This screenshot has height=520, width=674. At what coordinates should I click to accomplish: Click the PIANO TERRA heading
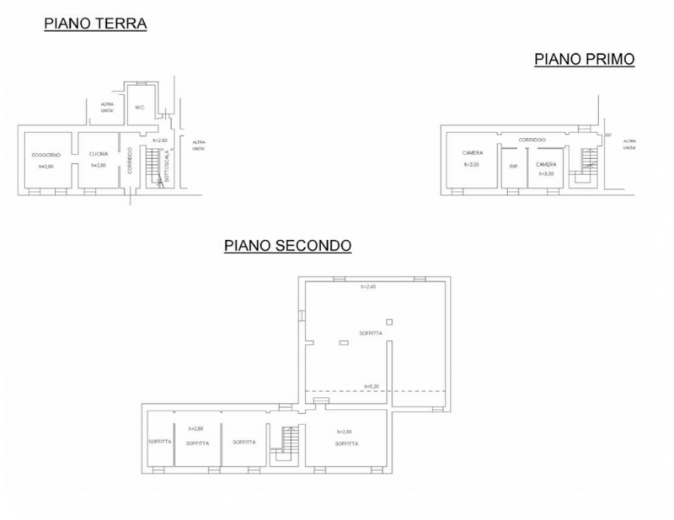click(95, 24)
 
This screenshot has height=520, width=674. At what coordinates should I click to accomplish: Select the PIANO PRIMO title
click(584, 59)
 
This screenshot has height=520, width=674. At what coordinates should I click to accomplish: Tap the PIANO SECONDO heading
click(287, 246)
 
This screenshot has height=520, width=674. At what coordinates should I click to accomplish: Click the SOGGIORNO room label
click(46, 155)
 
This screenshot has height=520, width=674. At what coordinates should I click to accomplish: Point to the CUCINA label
click(99, 154)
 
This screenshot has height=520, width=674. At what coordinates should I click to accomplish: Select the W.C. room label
click(140, 108)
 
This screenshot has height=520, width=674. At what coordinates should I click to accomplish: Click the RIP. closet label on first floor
click(513, 166)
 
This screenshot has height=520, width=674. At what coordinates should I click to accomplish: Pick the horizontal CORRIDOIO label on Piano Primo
click(532, 140)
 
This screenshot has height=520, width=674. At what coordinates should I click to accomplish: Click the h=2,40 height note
click(368, 287)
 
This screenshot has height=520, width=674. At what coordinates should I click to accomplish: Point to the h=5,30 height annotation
click(372, 387)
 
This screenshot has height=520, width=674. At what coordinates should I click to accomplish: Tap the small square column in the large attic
click(388, 321)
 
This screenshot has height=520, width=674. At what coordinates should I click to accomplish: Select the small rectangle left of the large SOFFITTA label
click(344, 342)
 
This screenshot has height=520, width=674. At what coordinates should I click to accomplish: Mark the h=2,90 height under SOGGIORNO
click(46, 166)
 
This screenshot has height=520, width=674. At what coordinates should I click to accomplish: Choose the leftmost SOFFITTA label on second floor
click(160, 442)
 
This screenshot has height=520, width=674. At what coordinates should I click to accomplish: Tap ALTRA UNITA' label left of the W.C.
click(107, 108)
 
